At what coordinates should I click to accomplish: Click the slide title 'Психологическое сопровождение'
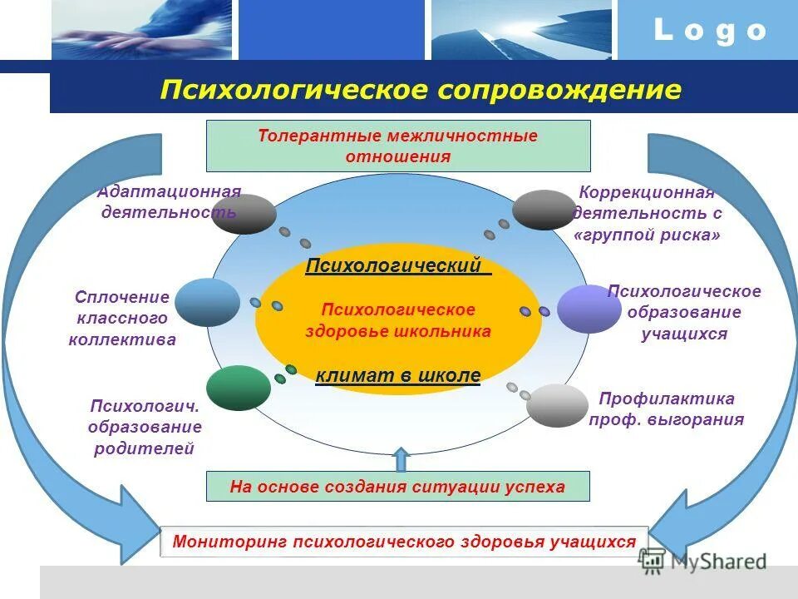coord(421,90)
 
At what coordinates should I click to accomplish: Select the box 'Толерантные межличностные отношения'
coord(398,146)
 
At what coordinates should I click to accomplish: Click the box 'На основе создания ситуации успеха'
coord(397,487)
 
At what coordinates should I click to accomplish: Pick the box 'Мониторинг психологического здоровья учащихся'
coord(404,542)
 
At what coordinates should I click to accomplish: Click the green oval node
coord(239,388)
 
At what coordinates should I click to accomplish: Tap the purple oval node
coord(589,309)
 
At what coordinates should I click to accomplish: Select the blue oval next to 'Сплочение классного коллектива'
coord(207,302)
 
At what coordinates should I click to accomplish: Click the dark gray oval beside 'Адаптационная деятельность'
coord(244,213)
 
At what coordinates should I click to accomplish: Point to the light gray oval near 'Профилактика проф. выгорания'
coord(557,406)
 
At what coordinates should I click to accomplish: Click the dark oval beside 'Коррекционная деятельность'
coord(544,210)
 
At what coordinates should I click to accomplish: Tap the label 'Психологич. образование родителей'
coord(145,427)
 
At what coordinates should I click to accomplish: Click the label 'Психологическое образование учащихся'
coord(684,313)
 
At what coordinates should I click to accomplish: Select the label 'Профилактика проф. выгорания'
coord(666,409)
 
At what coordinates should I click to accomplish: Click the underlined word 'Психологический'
coord(397,266)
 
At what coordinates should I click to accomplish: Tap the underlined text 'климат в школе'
coord(398,375)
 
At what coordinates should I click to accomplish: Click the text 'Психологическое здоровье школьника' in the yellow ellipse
coord(398,320)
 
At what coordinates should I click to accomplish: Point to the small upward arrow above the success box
coord(401,459)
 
